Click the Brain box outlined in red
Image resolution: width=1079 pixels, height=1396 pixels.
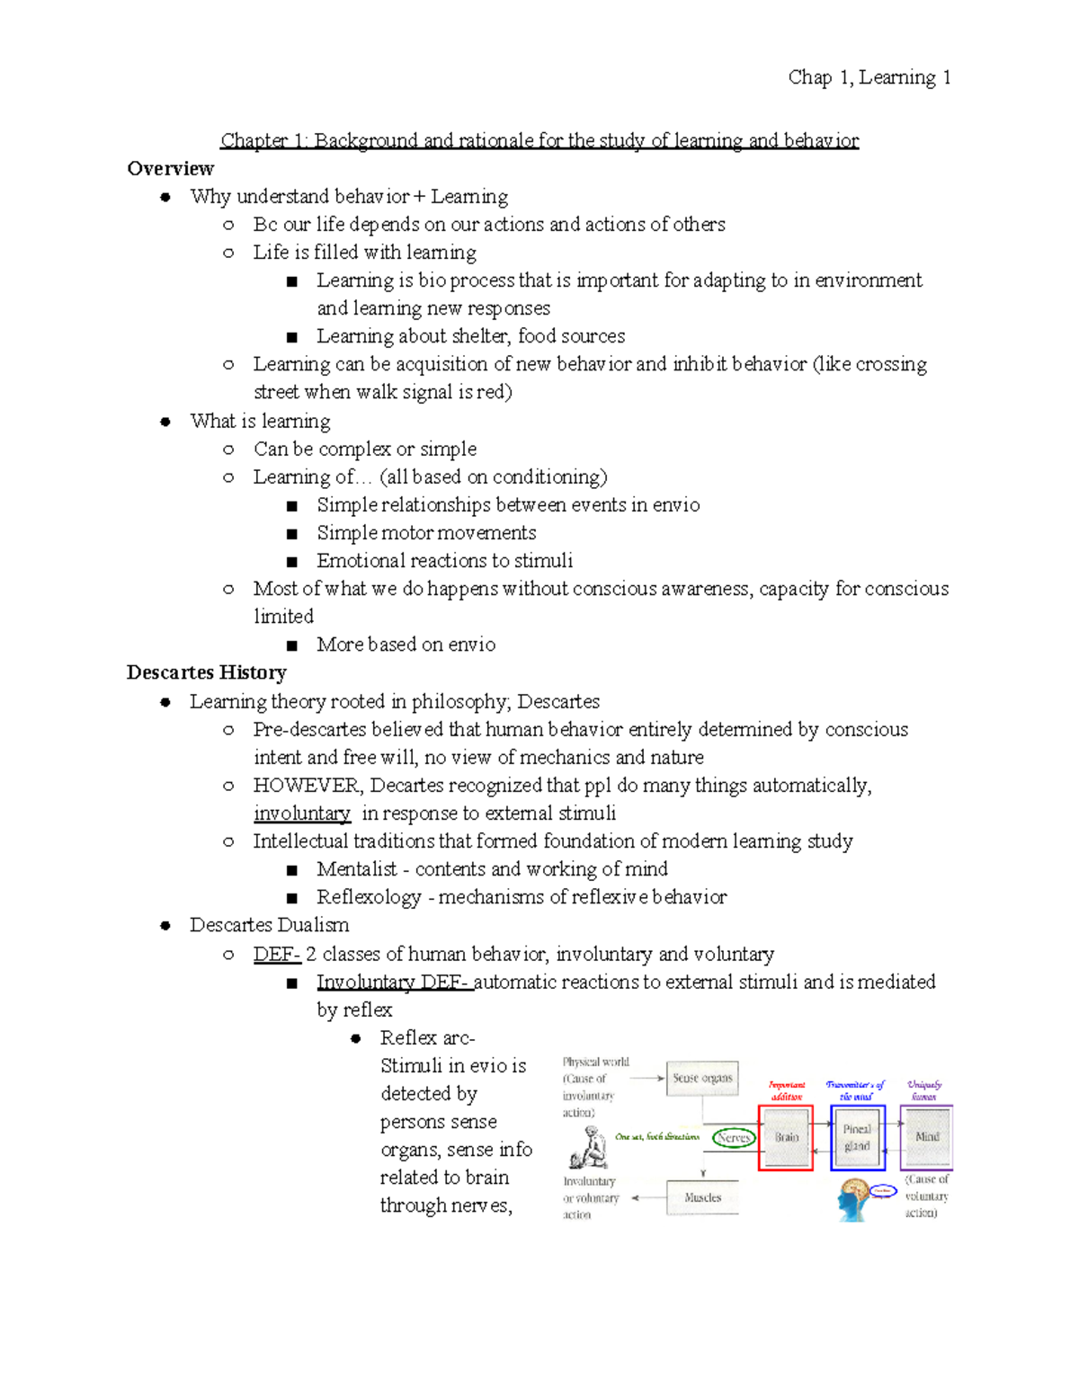point(786,1137)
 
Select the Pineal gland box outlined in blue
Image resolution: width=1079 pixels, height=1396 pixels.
point(857,1137)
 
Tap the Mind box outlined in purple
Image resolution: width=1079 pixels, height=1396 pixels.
point(926,1137)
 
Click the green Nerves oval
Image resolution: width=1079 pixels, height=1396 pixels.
point(734,1137)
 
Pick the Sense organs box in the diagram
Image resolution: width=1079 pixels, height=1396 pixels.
point(702,1078)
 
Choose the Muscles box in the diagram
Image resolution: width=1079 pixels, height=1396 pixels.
point(702,1197)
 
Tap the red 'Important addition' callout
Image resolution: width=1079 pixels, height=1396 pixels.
point(787,1090)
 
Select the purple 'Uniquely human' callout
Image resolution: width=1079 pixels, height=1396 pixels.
point(924,1090)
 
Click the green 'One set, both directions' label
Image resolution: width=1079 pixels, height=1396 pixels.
point(657,1137)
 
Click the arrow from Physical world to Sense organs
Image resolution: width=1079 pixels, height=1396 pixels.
point(647,1078)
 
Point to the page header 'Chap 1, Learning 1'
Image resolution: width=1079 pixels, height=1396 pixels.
point(869,78)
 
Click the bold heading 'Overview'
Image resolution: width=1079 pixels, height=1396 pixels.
point(170,169)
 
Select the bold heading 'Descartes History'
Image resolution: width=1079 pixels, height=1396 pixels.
point(206,672)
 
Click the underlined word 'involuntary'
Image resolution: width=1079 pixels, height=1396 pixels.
point(301,814)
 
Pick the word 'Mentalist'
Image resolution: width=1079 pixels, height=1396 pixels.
point(356,869)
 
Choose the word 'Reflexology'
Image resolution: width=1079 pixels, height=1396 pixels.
point(369,897)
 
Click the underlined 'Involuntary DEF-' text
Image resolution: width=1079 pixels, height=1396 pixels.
point(393,982)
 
